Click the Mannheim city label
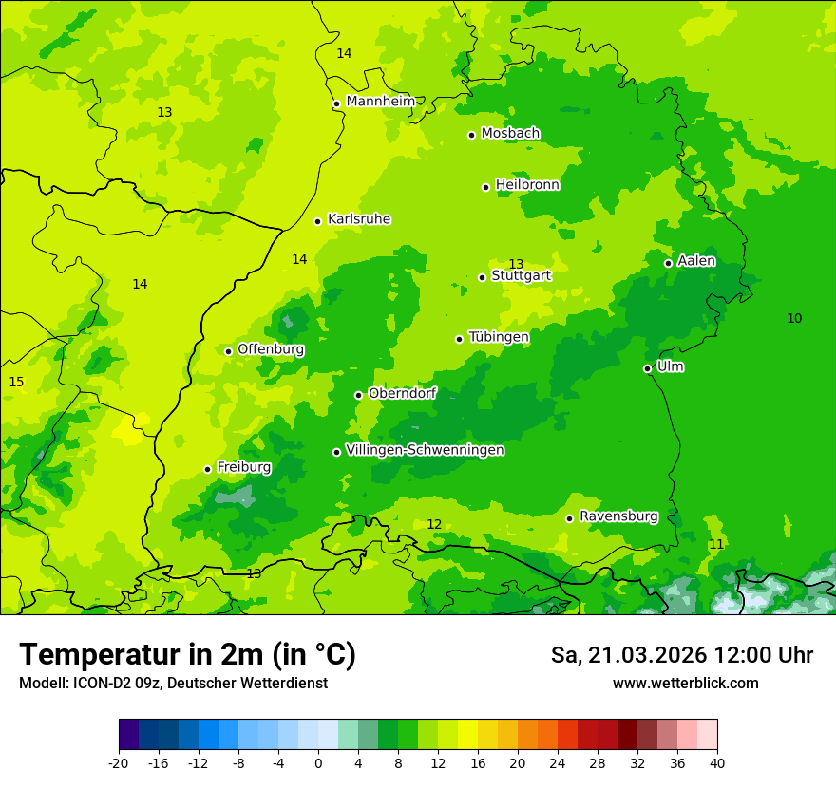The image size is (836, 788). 381,101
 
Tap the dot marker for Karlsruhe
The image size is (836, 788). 318,221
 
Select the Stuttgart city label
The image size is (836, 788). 521,275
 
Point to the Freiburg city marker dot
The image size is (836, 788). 207,469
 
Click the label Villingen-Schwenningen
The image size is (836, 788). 425,450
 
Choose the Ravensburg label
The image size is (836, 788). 618,516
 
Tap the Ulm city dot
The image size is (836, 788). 647,368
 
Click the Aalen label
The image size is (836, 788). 696,261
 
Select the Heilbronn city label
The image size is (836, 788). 527,185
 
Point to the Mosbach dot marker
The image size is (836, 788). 471,135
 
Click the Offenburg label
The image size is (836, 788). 271,349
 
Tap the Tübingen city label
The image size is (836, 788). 499,337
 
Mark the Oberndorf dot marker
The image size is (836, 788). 358,395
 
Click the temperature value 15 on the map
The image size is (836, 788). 16,382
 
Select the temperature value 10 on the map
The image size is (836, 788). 794,318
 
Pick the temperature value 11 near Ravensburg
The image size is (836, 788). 716,544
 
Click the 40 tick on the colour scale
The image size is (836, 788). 717,762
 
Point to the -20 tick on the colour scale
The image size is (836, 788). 119,762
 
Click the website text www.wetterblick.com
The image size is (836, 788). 685,683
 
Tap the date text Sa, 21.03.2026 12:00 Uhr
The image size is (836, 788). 681,655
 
